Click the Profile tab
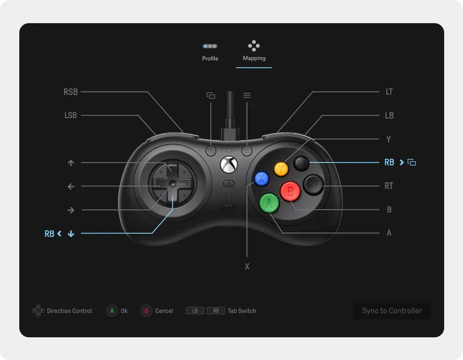pyautogui.click(x=210, y=52)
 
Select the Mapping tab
pyautogui.click(x=254, y=52)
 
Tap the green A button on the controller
pyautogui.click(x=269, y=203)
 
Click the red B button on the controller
pyautogui.click(x=290, y=191)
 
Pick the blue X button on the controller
pyautogui.click(x=261, y=179)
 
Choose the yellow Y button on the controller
pyautogui.click(x=281, y=168)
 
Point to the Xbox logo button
pyautogui.click(x=229, y=164)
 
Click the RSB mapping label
pyautogui.click(x=70, y=92)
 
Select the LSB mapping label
pyautogui.click(x=70, y=115)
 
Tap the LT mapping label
pyautogui.click(x=389, y=92)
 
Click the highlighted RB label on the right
pyautogui.click(x=389, y=163)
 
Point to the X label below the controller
pyautogui.click(x=247, y=266)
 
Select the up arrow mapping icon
pyautogui.click(x=71, y=163)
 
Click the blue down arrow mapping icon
pyautogui.click(x=71, y=234)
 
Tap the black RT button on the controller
pyautogui.click(x=313, y=184)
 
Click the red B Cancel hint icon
pyautogui.click(x=146, y=311)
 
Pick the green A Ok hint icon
pyautogui.click(x=112, y=311)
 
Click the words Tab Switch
pyautogui.click(x=242, y=311)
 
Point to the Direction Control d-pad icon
pyautogui.click(x=38, y=311)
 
